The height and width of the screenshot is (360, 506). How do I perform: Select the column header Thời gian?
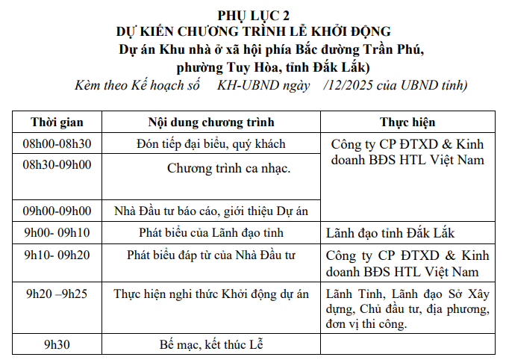(x=57, y=122)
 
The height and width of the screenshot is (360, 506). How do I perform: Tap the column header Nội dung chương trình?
(x=211, y=122)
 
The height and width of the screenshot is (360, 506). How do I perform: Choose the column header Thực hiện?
(x=407, y=122)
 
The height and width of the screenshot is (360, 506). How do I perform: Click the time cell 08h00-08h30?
(x=57, y=143)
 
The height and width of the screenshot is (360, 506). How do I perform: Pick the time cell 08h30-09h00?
(x=57, y=164)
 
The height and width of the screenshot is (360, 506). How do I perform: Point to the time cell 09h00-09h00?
(x=57, y=211)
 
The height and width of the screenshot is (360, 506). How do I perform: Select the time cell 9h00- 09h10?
(x=57, y=233)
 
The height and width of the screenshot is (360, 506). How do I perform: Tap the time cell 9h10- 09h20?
(x=57, y=255)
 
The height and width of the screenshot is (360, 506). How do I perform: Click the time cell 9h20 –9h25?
(x=57, y=293)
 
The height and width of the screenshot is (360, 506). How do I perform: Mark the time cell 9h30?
(x=57, y=344)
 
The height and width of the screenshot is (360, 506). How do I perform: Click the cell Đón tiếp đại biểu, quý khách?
(x=211, y=143)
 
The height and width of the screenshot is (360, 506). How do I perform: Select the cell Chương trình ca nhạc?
(x=228, y=168)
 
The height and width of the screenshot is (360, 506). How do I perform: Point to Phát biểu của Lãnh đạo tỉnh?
(x=211, y=233)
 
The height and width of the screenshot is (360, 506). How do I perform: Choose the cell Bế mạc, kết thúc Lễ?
(x=211, y=344)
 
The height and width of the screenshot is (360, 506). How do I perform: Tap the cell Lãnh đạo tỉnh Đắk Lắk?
(x=390, y=234)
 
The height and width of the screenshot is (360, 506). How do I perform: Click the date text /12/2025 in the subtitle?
(x=349, y=85)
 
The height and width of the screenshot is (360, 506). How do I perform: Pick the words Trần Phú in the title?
(x=395, y=50)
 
